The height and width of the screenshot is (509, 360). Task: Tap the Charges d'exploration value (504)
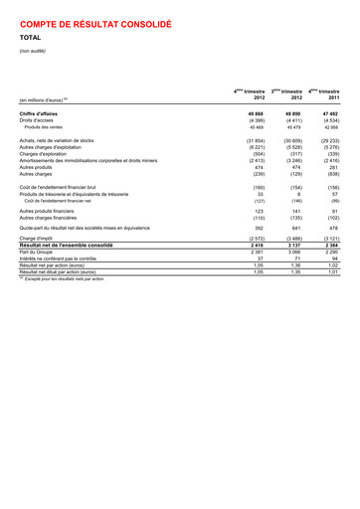(254, 154)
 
